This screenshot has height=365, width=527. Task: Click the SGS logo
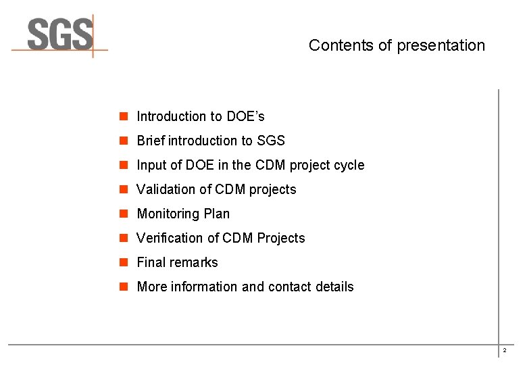pyautogui.click(x=59, y=35)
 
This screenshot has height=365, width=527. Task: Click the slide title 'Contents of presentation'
pyautogui.click(x=397, y=45)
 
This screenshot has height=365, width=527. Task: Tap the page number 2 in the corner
pyautogui.click(x=504, y=351)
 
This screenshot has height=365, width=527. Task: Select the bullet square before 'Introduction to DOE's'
pyautogui.click(x=124, y=116)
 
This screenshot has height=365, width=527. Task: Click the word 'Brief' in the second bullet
pyautogui.click(x=151, y=141)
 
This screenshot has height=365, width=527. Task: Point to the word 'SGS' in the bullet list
pyautogui.click(x=271, y=141)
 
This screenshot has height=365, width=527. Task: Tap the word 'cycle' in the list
pyautogui.click(x=348, y=165)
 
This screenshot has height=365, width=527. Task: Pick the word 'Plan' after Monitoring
pyautogui.click(x=218, y=214)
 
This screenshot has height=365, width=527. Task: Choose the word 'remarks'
pyautogui.click(x=195, y=262)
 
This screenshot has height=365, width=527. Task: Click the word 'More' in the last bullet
pyautogui.click(x=152, y=287)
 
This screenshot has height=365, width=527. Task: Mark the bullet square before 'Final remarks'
pyautogui.click(x=124, y=262)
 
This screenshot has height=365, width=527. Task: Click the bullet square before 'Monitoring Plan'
pyautogui.click(x=124, y=214)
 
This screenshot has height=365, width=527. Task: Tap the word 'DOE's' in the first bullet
pyautogui.click(x=245, y=116)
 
